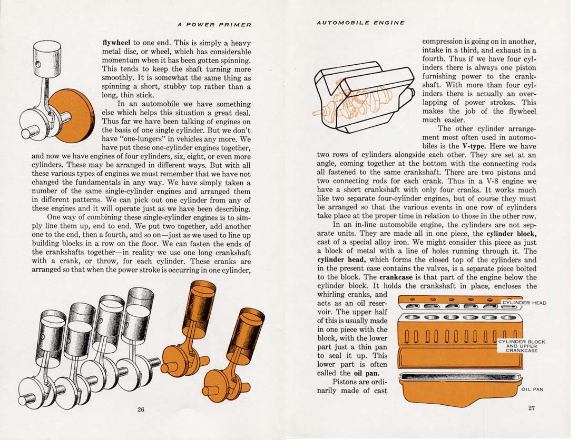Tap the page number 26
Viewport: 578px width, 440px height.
pyautogui.click(x=141, y=410)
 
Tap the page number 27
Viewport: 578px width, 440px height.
pyautogui.click(x=532, y=408)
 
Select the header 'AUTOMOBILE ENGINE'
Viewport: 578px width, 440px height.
pyautogui.click(x=361, y=23)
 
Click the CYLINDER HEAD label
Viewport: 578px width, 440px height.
pyautogui.click(x=524, y=303)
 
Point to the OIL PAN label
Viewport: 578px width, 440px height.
pyautogui.click(x=532, y=389)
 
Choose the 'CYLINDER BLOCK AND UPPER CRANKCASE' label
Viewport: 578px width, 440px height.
pyautogui.click(x=522, y=346)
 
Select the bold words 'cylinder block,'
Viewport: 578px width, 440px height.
pyautogui.click(x=511, y=233)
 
